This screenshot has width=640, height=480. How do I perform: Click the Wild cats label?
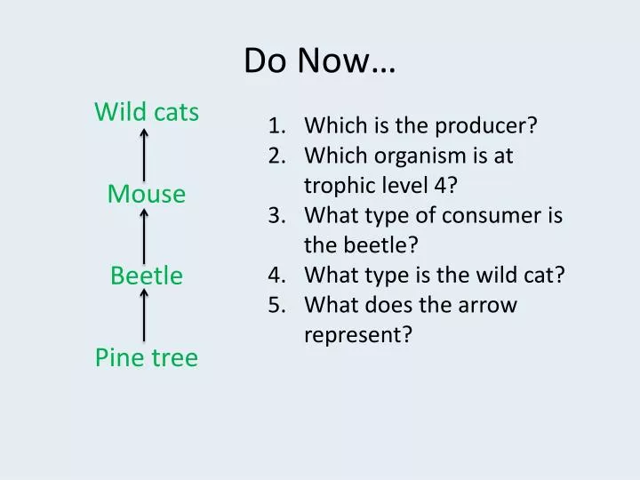point(147,111)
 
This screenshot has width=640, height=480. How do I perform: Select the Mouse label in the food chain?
point(147,194)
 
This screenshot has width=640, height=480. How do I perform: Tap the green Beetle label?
point(147,275)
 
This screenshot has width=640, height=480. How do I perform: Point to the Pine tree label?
point(147,357)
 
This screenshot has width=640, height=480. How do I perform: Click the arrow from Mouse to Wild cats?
point(144,155)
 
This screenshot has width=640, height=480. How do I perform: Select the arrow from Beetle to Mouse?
point(144,236)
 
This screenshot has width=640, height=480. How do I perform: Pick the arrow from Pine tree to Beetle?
point(144,315)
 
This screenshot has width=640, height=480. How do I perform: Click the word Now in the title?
point(333,60)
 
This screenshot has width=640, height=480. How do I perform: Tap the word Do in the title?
point(265,60)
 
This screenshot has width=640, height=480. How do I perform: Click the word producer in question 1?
point(485,126)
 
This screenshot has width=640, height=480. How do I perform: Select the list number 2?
point(276,156)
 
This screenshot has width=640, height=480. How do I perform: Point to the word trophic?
point(337,186)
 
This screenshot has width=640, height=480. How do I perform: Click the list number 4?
point(276,275)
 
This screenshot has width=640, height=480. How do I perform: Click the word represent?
point(358,335)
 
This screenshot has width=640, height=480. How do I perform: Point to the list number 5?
point(276,305)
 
